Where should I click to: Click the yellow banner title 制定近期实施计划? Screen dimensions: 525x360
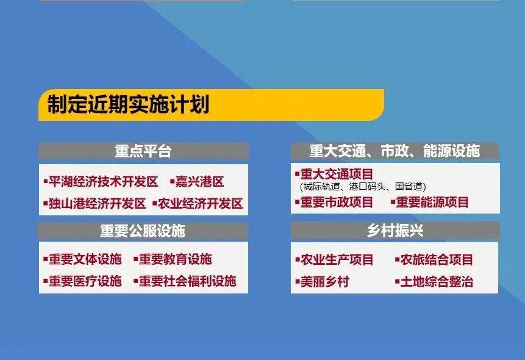(128, 104)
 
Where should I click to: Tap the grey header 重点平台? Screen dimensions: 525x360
(143, 151)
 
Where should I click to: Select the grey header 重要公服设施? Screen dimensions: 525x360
(143, 231)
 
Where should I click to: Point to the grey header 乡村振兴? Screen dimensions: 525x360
(395, 230)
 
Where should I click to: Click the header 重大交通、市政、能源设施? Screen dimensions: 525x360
(395, 151)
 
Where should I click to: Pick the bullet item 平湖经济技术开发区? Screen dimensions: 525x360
(101, 182)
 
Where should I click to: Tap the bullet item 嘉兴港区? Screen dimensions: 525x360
(197, 182)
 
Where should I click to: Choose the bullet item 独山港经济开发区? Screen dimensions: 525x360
(95, 203)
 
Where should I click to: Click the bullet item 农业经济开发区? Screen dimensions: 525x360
(198, 203)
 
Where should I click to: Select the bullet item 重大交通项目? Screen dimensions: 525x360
(334, 174)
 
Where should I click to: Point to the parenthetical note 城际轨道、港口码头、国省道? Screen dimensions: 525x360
(363, 186)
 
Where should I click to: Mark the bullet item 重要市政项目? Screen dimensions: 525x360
(334, 202)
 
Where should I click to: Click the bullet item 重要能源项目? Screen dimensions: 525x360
(430, 202)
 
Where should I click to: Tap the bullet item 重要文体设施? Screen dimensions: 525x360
(82, 259)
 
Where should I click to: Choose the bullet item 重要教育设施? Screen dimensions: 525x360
(173, 259)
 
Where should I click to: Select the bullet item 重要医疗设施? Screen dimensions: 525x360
(82, 281)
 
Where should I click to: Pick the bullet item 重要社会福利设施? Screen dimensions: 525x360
(185, 281)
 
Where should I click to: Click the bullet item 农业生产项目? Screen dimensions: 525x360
(334, 259)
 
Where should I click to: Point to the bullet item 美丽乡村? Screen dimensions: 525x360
(322, 281)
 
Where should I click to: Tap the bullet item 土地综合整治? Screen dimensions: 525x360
(434, 281)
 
